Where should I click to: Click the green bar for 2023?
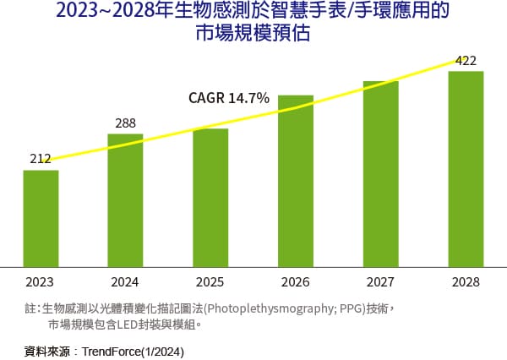click(41, 217)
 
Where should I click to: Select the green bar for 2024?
click(125, 199)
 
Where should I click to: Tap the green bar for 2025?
click(210, 196)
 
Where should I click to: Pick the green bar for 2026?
click(296, 180)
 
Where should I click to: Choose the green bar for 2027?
click(380, 172)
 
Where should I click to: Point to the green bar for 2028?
click(466, 167)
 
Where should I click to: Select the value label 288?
click(125, 123)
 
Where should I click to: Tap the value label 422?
click(466, 60)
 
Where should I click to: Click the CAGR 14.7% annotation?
click(228, 99)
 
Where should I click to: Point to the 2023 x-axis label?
click(41, 281)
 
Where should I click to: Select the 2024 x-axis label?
click(125, 281)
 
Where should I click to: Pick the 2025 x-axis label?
click(210, 281)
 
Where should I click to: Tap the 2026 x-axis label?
click(296, 281)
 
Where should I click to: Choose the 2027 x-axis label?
click(380, 281)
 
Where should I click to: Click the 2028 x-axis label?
click(466, 281)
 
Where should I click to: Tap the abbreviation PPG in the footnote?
click(350, 308)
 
